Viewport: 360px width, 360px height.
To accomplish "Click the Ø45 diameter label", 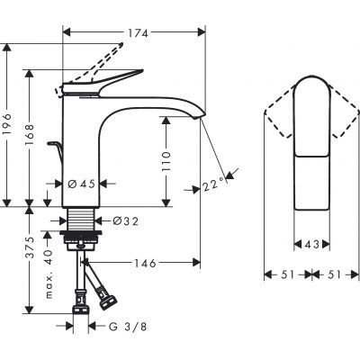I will (83, 184).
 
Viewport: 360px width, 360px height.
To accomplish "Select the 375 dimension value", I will (30, 256).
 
